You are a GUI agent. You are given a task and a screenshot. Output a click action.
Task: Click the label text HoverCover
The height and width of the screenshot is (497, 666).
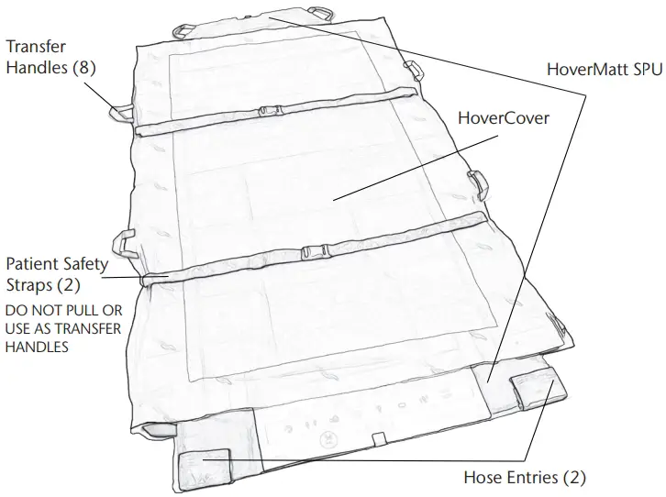click(503, 119)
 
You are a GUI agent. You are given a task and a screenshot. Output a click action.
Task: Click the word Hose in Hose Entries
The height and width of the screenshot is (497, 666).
click(484, 477)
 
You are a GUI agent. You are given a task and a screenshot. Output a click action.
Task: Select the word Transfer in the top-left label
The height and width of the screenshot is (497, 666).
click(36, 46)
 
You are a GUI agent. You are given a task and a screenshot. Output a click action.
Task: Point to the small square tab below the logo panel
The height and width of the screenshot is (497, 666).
click(375, 440)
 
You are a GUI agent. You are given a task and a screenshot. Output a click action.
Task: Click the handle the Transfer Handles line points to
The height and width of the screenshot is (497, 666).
click(120, 113)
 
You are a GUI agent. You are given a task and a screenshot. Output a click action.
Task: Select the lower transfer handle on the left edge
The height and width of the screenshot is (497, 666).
click(123, 246)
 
